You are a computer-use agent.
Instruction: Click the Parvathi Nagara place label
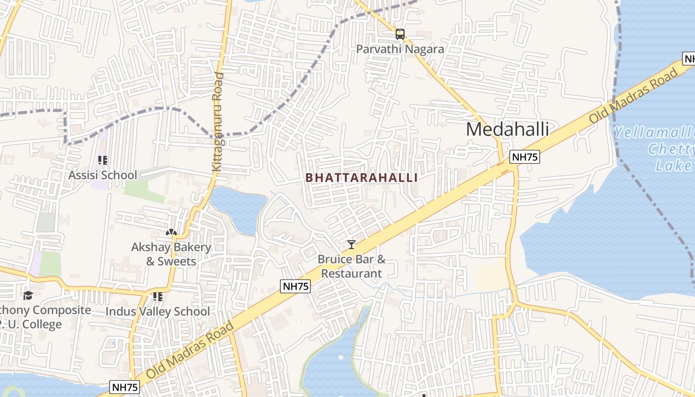(400, 49)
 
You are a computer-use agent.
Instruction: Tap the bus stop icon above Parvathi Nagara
(400, 34)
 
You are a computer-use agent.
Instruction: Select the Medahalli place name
(507, 129)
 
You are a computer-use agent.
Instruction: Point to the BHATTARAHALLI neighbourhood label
(361, 178)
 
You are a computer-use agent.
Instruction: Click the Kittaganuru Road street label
(218, 122)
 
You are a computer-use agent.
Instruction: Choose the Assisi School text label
(102, 175)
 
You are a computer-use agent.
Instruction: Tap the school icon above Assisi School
(103, 160)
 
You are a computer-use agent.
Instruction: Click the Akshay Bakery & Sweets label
(171, 254)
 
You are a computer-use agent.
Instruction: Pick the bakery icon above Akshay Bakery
(171, 232)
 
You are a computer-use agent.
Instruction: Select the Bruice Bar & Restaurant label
(351, 266)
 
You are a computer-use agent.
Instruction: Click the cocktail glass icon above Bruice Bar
(351, 244)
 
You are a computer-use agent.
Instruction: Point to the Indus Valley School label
(158, 312)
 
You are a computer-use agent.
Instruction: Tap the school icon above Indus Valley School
(158, 297)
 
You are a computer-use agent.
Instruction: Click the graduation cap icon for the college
(28, 295)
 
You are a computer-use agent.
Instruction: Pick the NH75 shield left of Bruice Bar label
(295, 286)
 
